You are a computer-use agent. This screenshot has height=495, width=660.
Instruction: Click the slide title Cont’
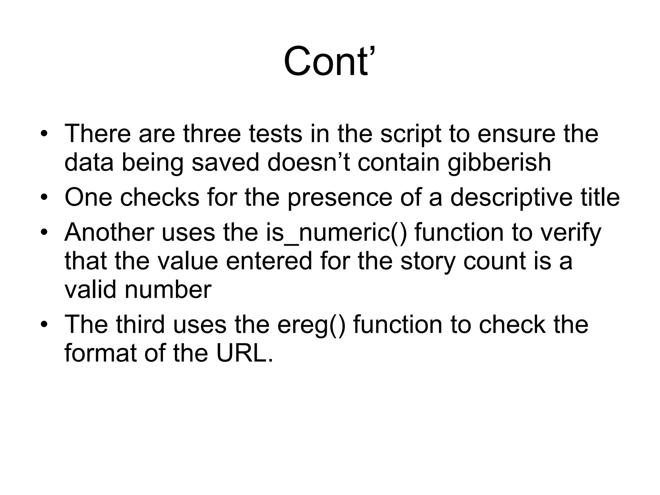329,61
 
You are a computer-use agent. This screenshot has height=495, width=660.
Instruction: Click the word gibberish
499,162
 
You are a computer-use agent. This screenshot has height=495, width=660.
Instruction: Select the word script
411,134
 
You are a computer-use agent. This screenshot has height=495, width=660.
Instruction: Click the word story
428,261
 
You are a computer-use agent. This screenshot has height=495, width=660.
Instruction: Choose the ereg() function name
311,325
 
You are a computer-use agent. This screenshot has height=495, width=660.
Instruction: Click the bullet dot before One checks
44,197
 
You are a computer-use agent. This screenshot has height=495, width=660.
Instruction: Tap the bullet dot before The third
44,324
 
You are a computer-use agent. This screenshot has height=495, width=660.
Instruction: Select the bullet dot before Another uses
44,232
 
